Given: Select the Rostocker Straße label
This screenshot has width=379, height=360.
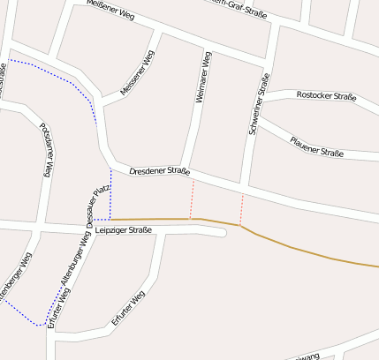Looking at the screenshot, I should point(325,94).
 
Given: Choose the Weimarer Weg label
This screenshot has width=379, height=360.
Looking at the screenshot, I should point(202,79).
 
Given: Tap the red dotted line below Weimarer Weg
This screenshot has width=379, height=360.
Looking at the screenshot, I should point(192,199).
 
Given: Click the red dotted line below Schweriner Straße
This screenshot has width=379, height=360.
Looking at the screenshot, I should point(241,208).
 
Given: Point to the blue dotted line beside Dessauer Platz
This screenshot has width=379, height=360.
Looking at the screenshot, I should point(110,194).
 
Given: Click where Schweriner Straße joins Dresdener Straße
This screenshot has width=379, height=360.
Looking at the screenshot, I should point(245,188).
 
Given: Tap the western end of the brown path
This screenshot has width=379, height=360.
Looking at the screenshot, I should point(112,219).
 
